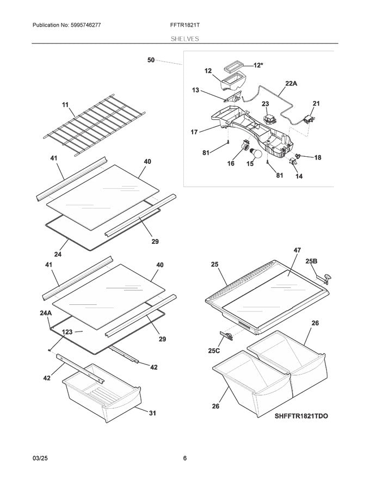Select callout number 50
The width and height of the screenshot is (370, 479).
(x=151, y=60)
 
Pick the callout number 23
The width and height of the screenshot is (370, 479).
(x=265, y=103)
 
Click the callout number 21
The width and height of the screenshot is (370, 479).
(x=316, y=103)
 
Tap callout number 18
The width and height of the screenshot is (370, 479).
(x=317, y=157)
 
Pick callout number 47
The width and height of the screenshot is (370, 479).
(x=297, y=250)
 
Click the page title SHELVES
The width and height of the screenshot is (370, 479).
(x=184, y=39)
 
